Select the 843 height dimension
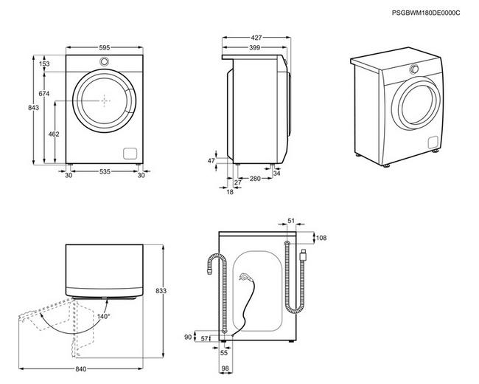33,109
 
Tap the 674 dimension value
44,94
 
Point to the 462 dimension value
54,134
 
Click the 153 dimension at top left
44,64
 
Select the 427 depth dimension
256,36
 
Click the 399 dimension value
254,47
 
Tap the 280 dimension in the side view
254,179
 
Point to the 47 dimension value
211,160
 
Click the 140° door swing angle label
102,316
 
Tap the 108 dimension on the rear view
321,238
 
